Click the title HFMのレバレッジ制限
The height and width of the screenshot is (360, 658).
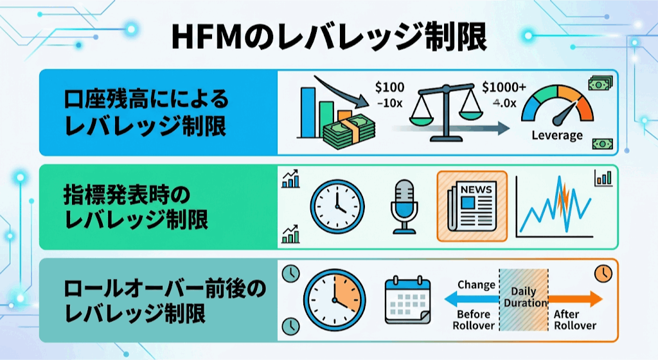point(329,37)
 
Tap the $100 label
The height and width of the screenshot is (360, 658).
point(390,87)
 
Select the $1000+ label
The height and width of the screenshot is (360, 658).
point(504,87)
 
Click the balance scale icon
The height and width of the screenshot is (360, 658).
point(446,112)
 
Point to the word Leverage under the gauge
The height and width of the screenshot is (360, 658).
point(557,135)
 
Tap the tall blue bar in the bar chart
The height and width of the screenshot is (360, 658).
point(308,112)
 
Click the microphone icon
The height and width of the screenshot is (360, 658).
point(404,206)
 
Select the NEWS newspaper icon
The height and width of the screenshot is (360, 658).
point(472,206)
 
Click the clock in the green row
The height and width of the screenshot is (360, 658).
point(337,206)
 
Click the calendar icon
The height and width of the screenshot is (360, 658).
point(407,300)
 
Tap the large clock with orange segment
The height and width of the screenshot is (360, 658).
point(334,300)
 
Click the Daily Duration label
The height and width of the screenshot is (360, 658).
point(524,296)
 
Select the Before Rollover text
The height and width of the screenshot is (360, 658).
point(474,319)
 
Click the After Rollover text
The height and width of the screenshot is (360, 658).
point(574,319)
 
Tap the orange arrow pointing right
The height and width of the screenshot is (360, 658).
point(575,299)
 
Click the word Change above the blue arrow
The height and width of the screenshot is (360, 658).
point(476,285)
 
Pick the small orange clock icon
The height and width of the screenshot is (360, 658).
point(603,274)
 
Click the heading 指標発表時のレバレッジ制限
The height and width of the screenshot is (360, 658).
point(136,207)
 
